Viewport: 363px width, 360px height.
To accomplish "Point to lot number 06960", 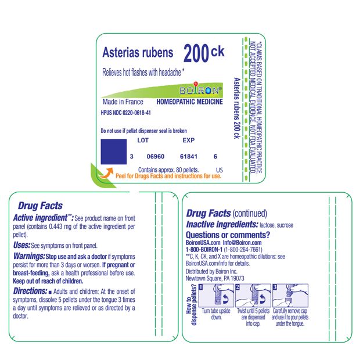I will (x=156, y=157).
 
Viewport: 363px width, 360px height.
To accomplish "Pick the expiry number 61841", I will (x=189, y=157).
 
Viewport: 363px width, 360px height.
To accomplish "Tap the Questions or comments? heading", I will (x=228, y=235).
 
